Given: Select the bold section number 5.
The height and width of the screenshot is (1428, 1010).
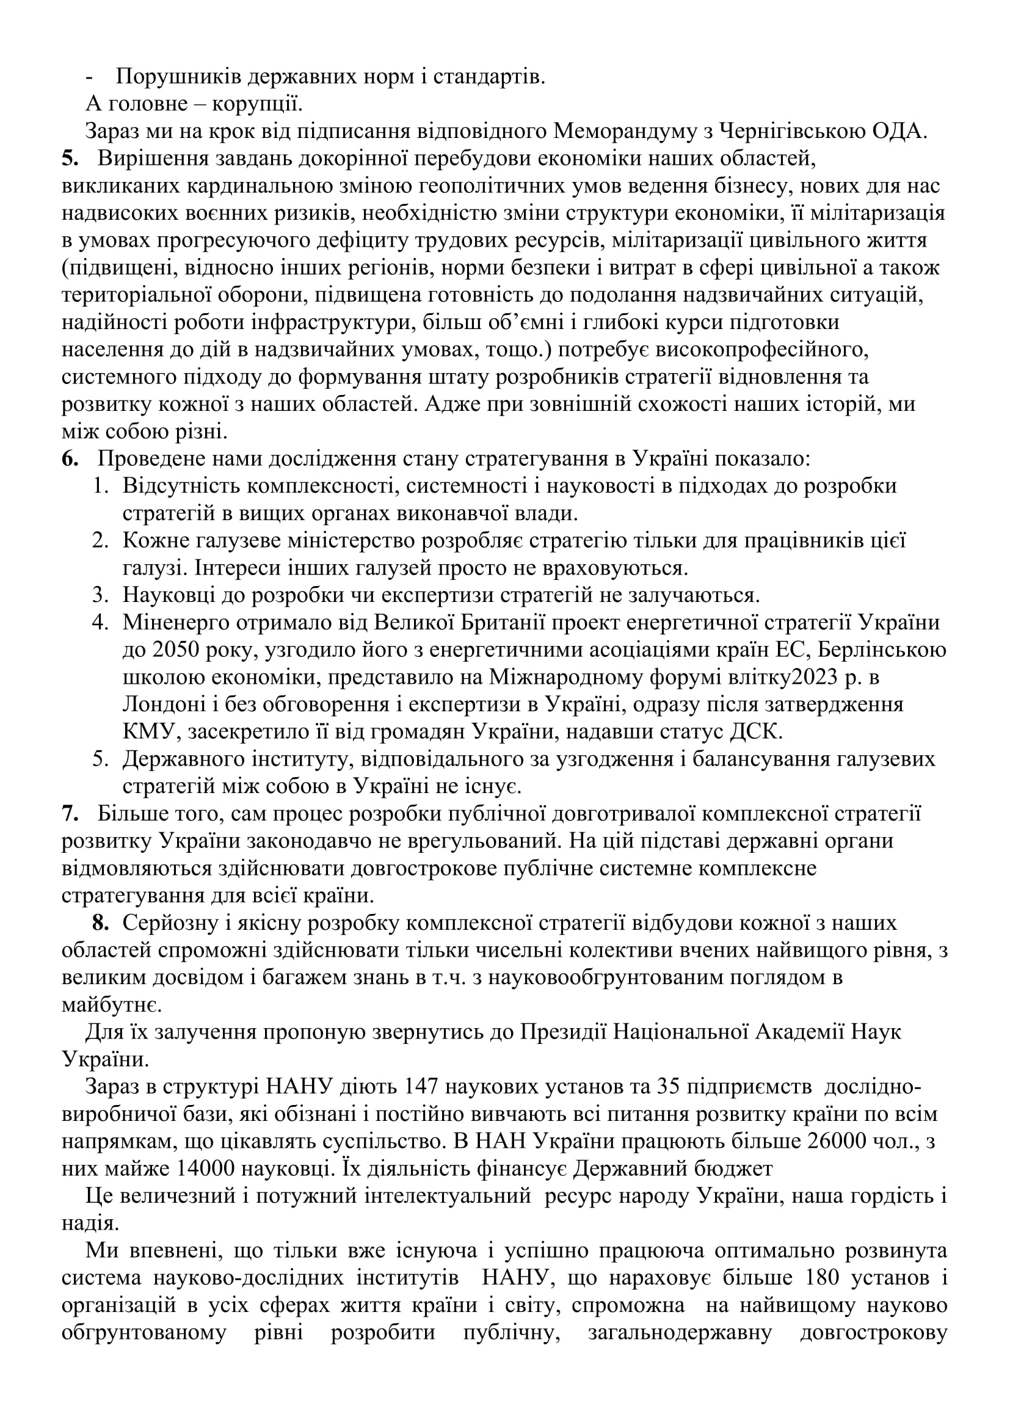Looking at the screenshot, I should pos(70,159).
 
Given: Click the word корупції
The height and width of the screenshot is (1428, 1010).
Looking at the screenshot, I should pos(258,104).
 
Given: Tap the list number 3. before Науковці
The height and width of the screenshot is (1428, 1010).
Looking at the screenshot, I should pos(101,595).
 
